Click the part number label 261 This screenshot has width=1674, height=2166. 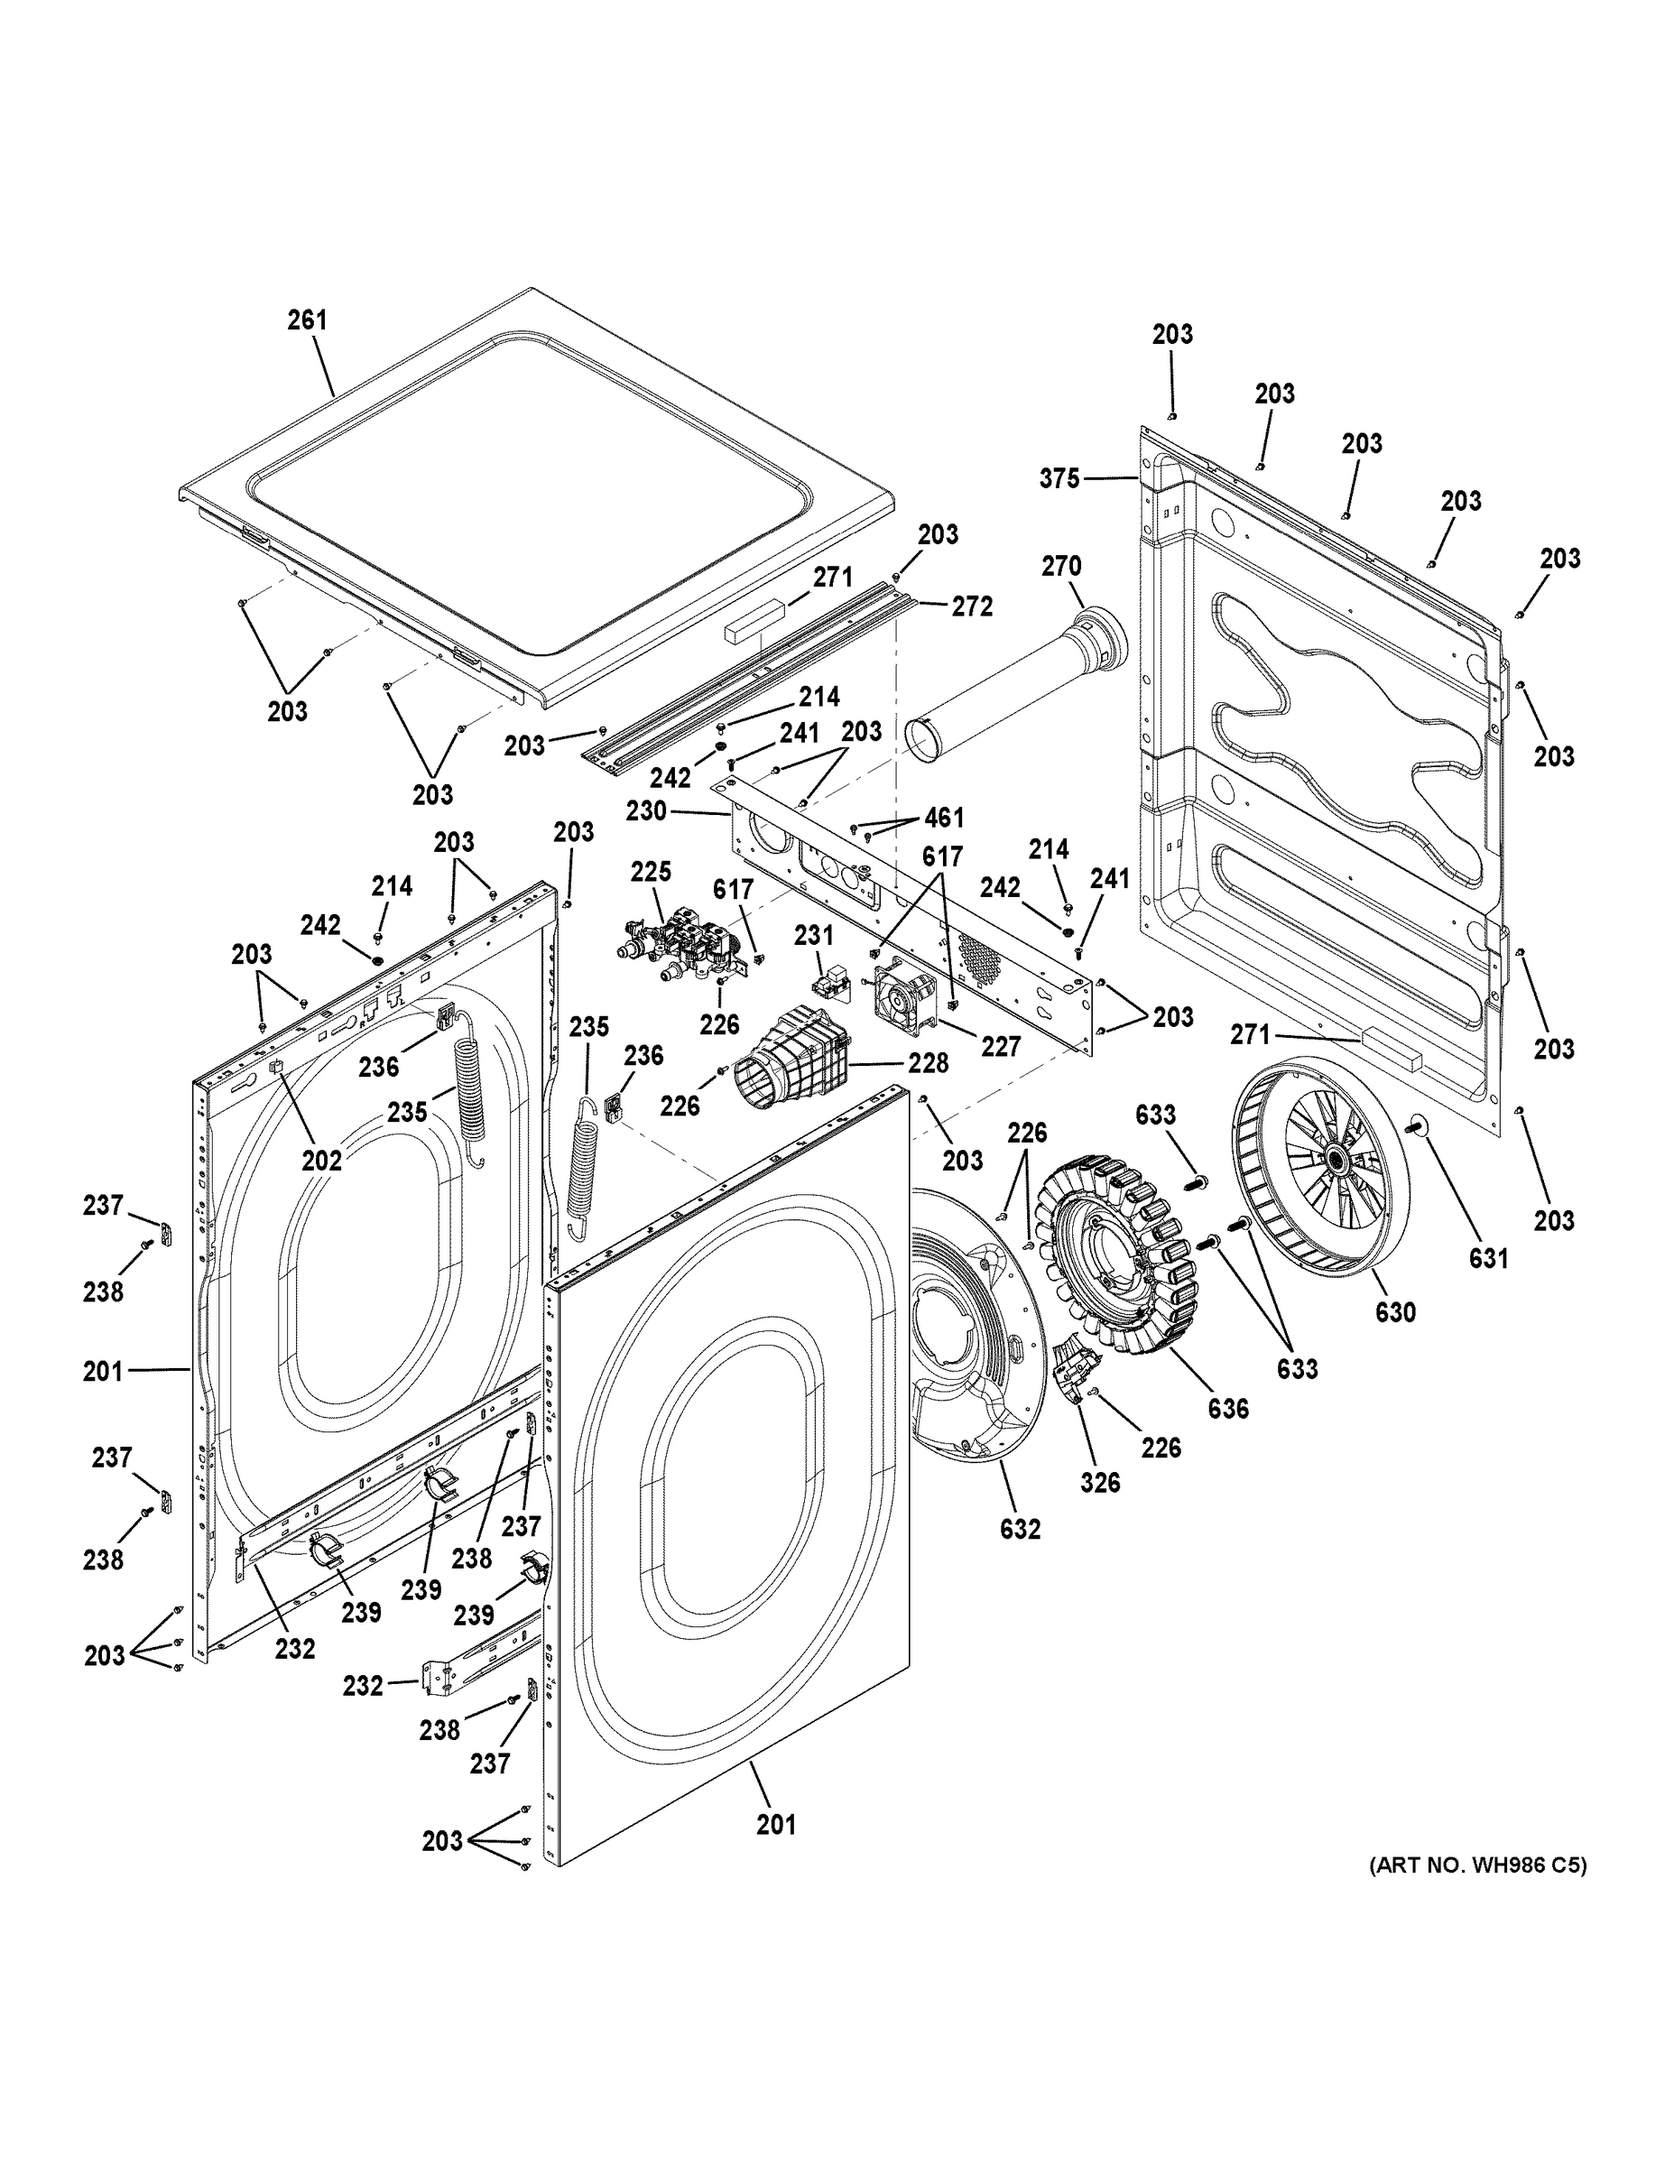coord(307,320)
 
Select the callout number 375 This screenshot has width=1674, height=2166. coord(1059,479)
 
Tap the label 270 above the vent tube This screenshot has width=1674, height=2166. coord(1061,566)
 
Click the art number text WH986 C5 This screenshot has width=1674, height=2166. coord(1477,1865)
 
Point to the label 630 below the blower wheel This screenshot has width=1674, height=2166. coord(1394,1312)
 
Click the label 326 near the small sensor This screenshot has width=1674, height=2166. coord(1100,1482)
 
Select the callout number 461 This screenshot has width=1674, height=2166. coord(944,817)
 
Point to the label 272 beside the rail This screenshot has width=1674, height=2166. coord(972,606)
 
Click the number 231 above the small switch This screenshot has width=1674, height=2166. coord(813,935)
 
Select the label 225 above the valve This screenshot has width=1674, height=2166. coord(651,872)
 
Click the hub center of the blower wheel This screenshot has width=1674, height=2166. coord(1330,1159)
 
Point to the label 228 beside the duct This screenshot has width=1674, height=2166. coord(929,1062)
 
